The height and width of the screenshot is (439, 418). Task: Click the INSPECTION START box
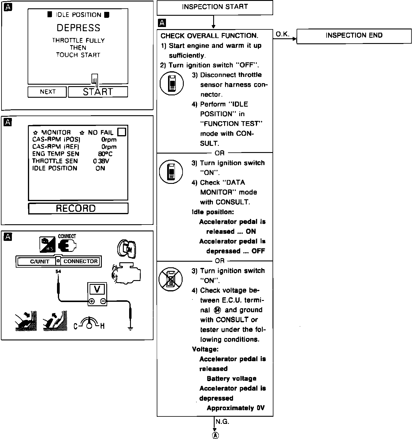click(215, 7)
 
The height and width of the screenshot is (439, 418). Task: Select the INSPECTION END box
click(354, 36)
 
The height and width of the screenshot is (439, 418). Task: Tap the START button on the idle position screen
click(98, 92)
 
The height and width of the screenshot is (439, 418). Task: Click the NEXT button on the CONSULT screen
click(47, 92)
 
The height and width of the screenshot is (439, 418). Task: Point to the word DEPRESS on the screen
click(78, 28)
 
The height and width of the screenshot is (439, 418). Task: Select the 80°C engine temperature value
click(105, 154)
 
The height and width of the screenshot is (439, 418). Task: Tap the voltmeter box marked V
click(97, 289)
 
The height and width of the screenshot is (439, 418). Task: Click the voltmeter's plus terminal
click(92, 301)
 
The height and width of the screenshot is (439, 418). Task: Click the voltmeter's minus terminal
click(103, 301)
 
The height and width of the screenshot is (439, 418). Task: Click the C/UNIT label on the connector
click(39, 262)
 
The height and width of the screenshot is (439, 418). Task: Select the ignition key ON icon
click(126, 248)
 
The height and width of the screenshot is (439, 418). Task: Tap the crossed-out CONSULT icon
click(170, 279)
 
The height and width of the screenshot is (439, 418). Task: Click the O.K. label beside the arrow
click(282, 34)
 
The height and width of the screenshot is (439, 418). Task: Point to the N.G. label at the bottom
click(222, 421)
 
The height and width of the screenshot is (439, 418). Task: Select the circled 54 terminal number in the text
click(217, 310)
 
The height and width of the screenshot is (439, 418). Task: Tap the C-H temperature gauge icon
click(89, 324)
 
